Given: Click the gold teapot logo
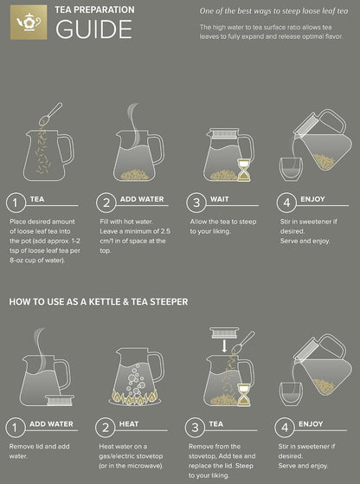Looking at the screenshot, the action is (x=29, y=23).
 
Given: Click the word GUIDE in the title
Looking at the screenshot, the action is (x=93, y=29).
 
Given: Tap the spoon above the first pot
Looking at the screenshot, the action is (x=50, y=113).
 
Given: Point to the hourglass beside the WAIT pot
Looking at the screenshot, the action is (x=244, y=170).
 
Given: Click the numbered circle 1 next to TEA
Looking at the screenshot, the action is (x=15, y=203).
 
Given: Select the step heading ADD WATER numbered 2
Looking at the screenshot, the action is (x=142, y=199).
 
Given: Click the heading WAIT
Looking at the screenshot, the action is (x=219, y=199).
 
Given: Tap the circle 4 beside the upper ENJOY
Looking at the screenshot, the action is (x=286, y=203).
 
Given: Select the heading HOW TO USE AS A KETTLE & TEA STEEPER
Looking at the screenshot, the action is (x=99, y=301).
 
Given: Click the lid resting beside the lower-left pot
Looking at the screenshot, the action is (x=61, y=400).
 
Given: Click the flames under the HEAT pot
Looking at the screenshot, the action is (x=135, y=398).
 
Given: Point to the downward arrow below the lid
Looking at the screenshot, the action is (x=224, y=346).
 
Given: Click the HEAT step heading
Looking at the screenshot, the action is (x=129, y=424).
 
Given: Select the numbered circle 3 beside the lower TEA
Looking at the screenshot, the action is (x=195, y=428).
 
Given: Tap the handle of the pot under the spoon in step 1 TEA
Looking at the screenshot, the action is (x=67, y=150).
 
